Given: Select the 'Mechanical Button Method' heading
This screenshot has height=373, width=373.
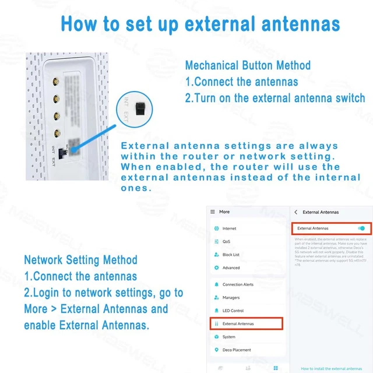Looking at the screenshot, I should click(248, 65).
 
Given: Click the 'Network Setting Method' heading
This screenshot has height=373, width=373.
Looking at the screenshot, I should click(80, 260).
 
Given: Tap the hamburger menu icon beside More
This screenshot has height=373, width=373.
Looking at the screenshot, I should click(213, 212).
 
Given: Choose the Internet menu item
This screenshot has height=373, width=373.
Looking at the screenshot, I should click(229, 228).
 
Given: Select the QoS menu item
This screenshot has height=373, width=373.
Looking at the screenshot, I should click(226, 241).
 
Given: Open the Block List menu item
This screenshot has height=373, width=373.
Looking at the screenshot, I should click(231, 255).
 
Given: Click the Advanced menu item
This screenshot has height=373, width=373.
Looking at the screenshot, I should click(231, 268).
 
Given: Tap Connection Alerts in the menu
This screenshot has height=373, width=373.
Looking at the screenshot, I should click(238, 284).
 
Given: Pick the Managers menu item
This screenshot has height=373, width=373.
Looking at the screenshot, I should click(231, 297).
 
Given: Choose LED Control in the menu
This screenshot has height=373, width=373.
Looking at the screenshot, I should click(233, 311).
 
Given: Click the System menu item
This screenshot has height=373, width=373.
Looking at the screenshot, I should click(229, 337).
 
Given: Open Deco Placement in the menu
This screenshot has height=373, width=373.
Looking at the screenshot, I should click(237, 350).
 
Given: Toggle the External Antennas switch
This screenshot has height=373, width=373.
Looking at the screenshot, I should click(361, 228).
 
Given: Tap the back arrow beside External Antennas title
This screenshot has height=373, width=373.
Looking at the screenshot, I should click(296, 212).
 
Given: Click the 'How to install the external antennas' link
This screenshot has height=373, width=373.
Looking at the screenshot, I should click(331, 368).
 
